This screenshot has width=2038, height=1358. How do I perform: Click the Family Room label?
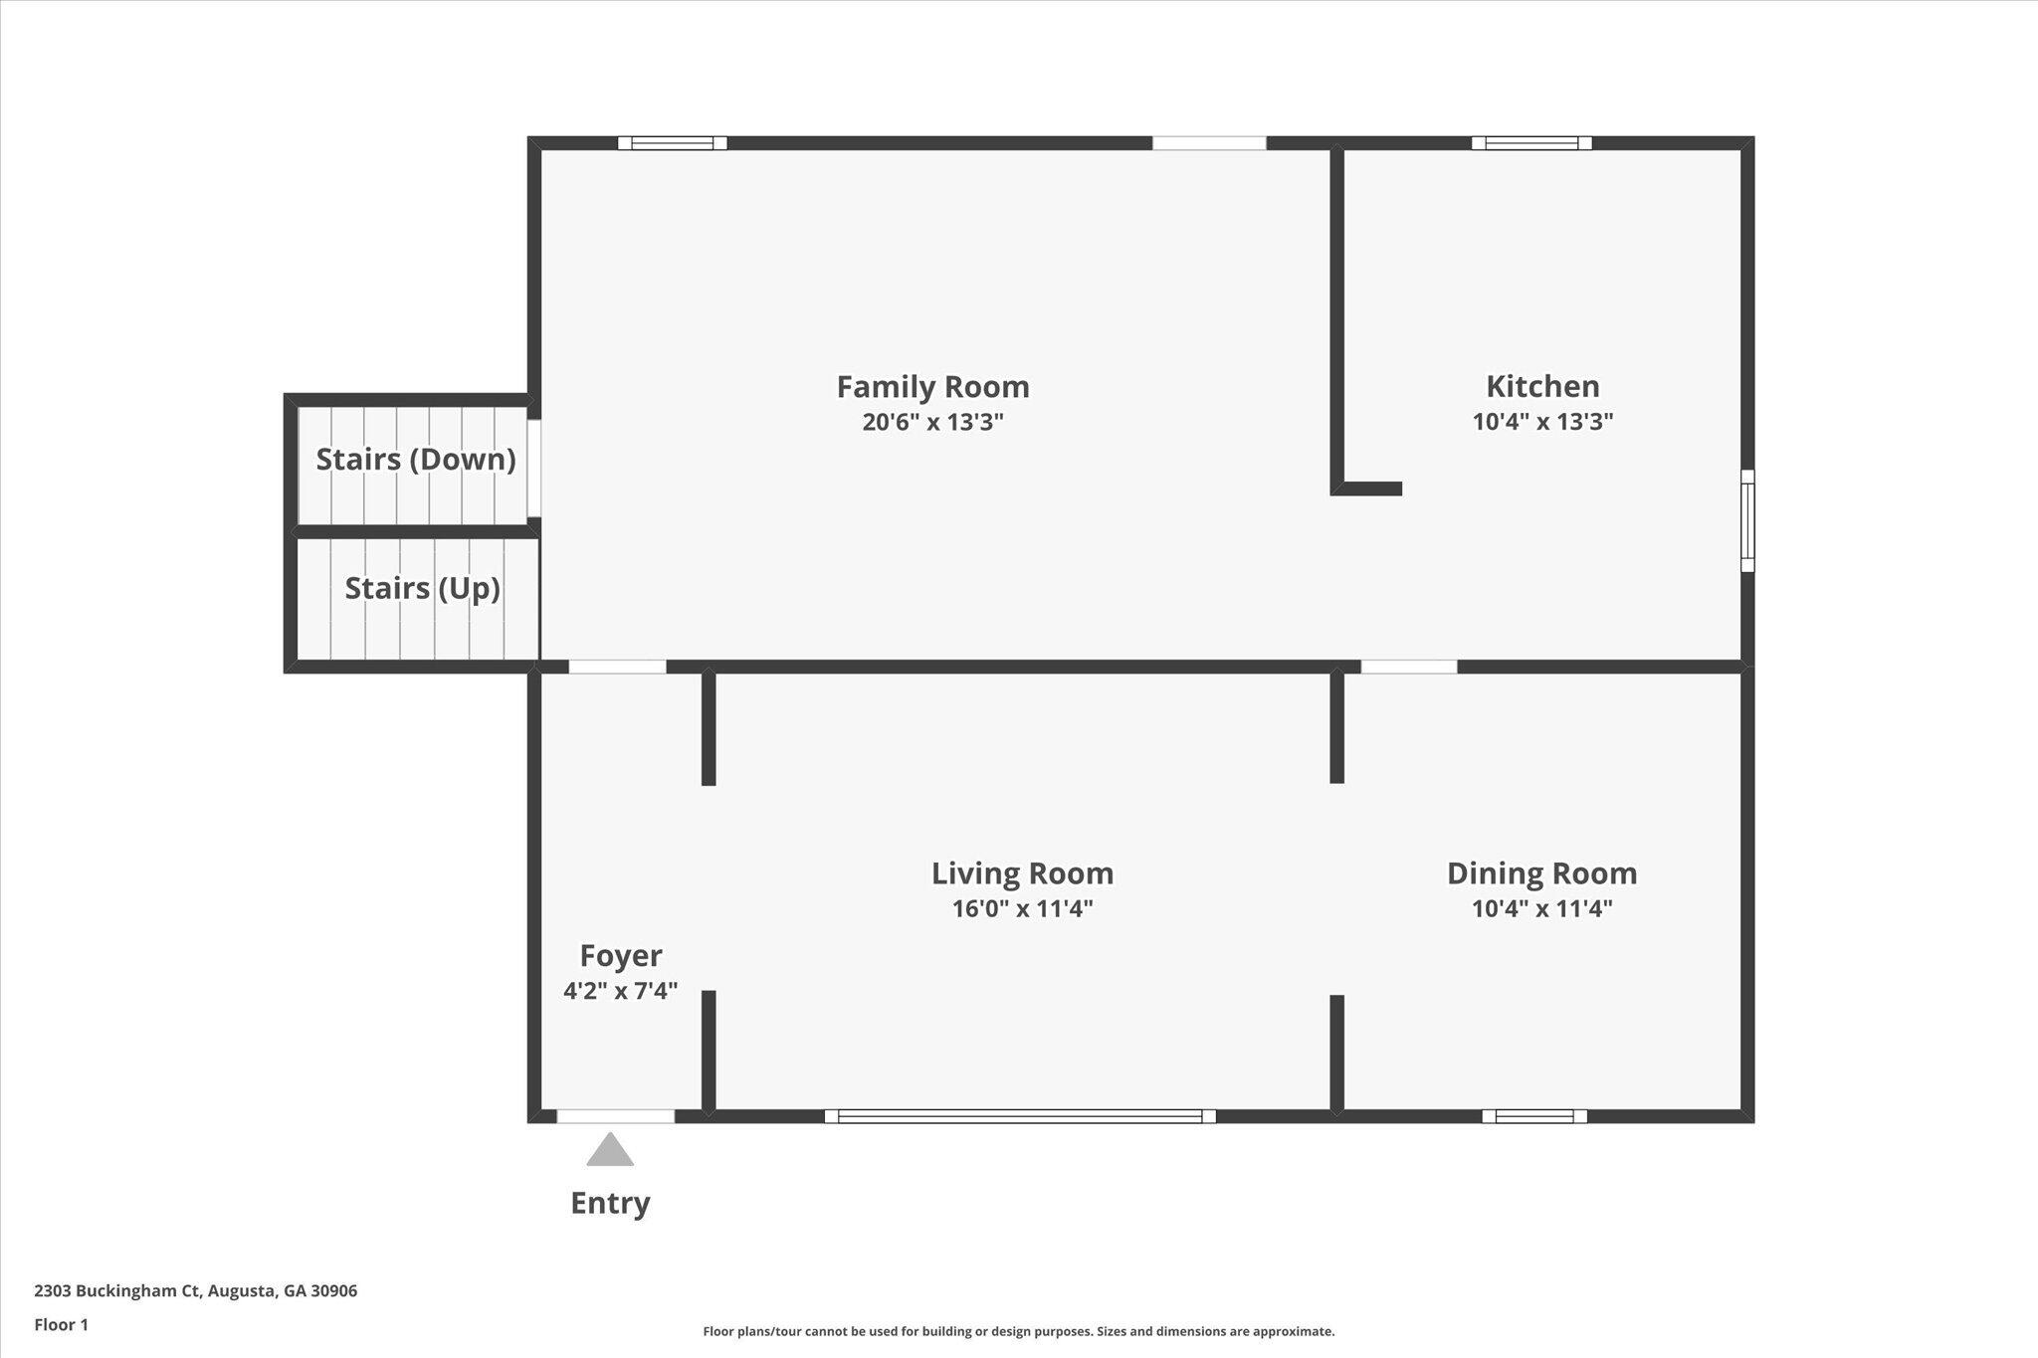point(932,387)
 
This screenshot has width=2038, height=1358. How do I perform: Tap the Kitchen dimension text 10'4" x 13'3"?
point(1542,422)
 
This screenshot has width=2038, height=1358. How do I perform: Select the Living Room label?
point(1022,873)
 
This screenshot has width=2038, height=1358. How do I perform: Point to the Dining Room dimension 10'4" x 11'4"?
point(1542,908)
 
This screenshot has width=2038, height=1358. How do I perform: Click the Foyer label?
point(621,956)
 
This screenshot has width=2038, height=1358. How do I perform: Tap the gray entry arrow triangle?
point(610,1149)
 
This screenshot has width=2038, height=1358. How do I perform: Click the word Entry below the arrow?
point(610,1204)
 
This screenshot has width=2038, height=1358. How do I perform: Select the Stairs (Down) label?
point(416,460)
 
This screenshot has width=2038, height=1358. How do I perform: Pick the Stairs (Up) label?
point(422,589)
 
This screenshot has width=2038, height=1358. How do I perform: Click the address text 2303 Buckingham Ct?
point(117,1291)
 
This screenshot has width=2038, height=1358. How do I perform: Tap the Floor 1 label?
point(62,1325)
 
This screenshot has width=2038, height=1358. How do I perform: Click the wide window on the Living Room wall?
point(1020,1116)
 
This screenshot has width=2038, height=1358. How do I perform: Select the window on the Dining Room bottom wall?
point(1534,1116)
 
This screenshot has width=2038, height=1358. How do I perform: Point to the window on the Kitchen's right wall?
point(1747,520)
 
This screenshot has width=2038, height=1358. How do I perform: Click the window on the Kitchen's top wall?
point(1531,143)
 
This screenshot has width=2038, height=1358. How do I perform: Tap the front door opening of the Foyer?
point(615,1116)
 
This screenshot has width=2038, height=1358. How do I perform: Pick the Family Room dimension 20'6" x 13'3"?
point(932,422)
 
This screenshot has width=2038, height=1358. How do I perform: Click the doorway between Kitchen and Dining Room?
point(1409,667)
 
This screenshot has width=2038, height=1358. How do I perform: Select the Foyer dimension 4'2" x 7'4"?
point(621,991)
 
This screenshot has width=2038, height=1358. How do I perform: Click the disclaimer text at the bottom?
point(1019,1331)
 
